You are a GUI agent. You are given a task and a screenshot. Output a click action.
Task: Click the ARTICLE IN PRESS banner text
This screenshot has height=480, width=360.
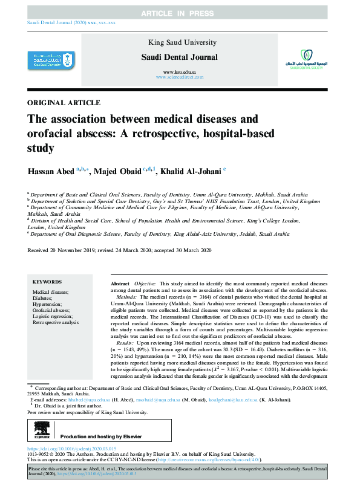tap(180, 13)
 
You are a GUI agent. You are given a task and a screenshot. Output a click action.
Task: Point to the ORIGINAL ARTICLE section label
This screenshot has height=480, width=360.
tap(64, 103)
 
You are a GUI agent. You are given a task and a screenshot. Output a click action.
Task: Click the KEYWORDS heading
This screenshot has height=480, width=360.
tap(47, 282)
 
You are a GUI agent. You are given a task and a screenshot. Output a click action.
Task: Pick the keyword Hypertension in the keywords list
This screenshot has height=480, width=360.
tap(49, 304)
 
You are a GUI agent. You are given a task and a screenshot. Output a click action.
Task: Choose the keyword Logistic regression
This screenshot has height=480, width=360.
tap(54, 316)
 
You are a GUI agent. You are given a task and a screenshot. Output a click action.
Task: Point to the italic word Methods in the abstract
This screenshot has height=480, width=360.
tap(126, 297)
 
